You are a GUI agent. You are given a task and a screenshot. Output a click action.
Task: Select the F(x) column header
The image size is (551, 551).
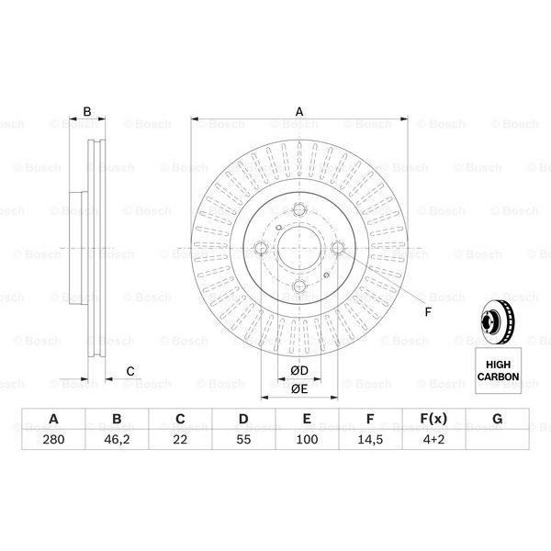pyautogui.click(x=433, y=420)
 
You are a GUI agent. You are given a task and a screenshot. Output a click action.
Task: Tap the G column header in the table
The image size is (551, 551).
pyautogui.click(x=497, y=420)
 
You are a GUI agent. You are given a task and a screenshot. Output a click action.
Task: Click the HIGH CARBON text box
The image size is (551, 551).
pyautogui.click(x=498, y=371)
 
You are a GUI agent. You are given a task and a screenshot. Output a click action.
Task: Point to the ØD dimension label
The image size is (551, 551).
pyautogui.click(x=298, y=370)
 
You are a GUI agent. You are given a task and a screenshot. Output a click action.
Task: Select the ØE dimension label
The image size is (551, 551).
pyautogui.click(x=298, y=389)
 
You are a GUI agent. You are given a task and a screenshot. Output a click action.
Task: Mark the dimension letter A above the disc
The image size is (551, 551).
pyautogui.click(x=298, y=112)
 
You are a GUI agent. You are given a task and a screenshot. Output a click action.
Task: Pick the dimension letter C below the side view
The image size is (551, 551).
pyautogui.click(x=130, y=370)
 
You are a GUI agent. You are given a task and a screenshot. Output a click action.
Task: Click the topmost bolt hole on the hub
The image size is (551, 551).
pyautogui.click(x=298, y=210)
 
